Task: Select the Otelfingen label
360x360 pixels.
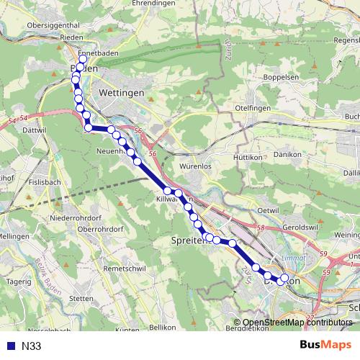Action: [x=252, y=108]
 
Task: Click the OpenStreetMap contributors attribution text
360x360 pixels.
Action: [x=297, y=323]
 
